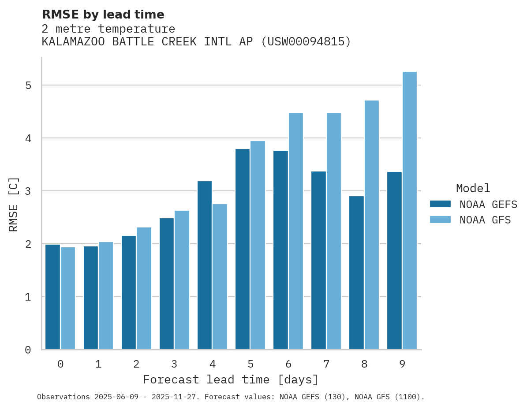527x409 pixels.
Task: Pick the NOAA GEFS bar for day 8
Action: (356, 273)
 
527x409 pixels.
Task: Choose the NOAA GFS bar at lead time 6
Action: (296, 231)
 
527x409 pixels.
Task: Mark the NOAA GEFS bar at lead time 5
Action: (243, 249)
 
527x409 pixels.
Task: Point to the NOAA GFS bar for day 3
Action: (182, 280)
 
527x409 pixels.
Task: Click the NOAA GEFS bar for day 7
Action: (318, 260)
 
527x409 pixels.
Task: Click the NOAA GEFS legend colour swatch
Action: (440, 204)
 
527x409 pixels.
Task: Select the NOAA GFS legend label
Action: (485, 220)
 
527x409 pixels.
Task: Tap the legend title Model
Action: (473, 188)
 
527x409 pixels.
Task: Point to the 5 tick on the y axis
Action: (28, 86)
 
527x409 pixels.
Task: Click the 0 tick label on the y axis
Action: (28, 350)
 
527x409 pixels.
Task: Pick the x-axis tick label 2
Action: (136, 364)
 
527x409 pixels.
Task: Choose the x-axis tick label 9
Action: (402, 364)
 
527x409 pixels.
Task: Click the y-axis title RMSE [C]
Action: (14, 204)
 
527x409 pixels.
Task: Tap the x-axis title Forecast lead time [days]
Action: (231, 379)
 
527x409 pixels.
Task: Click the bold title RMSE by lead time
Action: (103, 15)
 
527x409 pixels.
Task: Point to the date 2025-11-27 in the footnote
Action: (176, 397)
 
